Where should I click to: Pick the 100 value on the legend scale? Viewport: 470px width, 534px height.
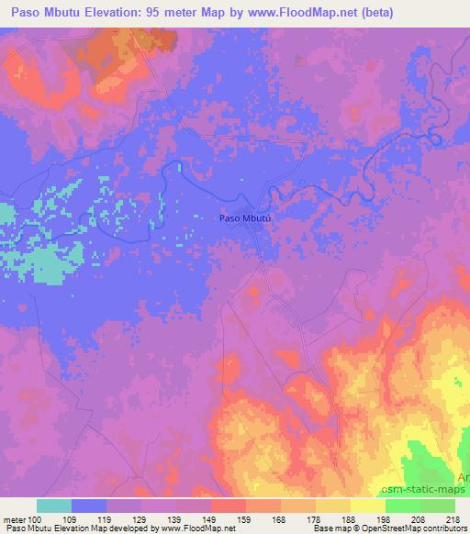click(x=35, y=518)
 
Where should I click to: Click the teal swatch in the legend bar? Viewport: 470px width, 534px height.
click(x=54, y=506)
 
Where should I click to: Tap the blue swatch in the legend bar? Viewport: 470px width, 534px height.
click(x=89, y=506)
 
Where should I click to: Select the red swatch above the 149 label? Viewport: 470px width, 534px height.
click(x=229, y=506)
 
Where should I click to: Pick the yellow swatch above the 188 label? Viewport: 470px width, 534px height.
click(x=333, y=506)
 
